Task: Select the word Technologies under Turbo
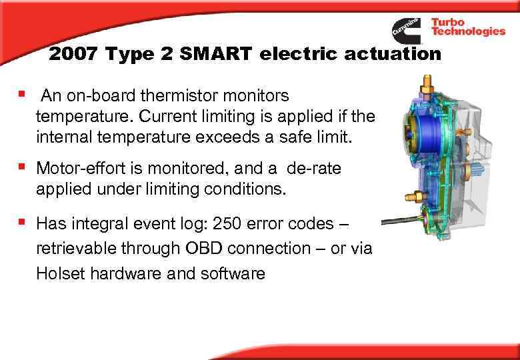pyautogui.click(x=468, y=32)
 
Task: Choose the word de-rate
pyautogui.click(x=312, y=168)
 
